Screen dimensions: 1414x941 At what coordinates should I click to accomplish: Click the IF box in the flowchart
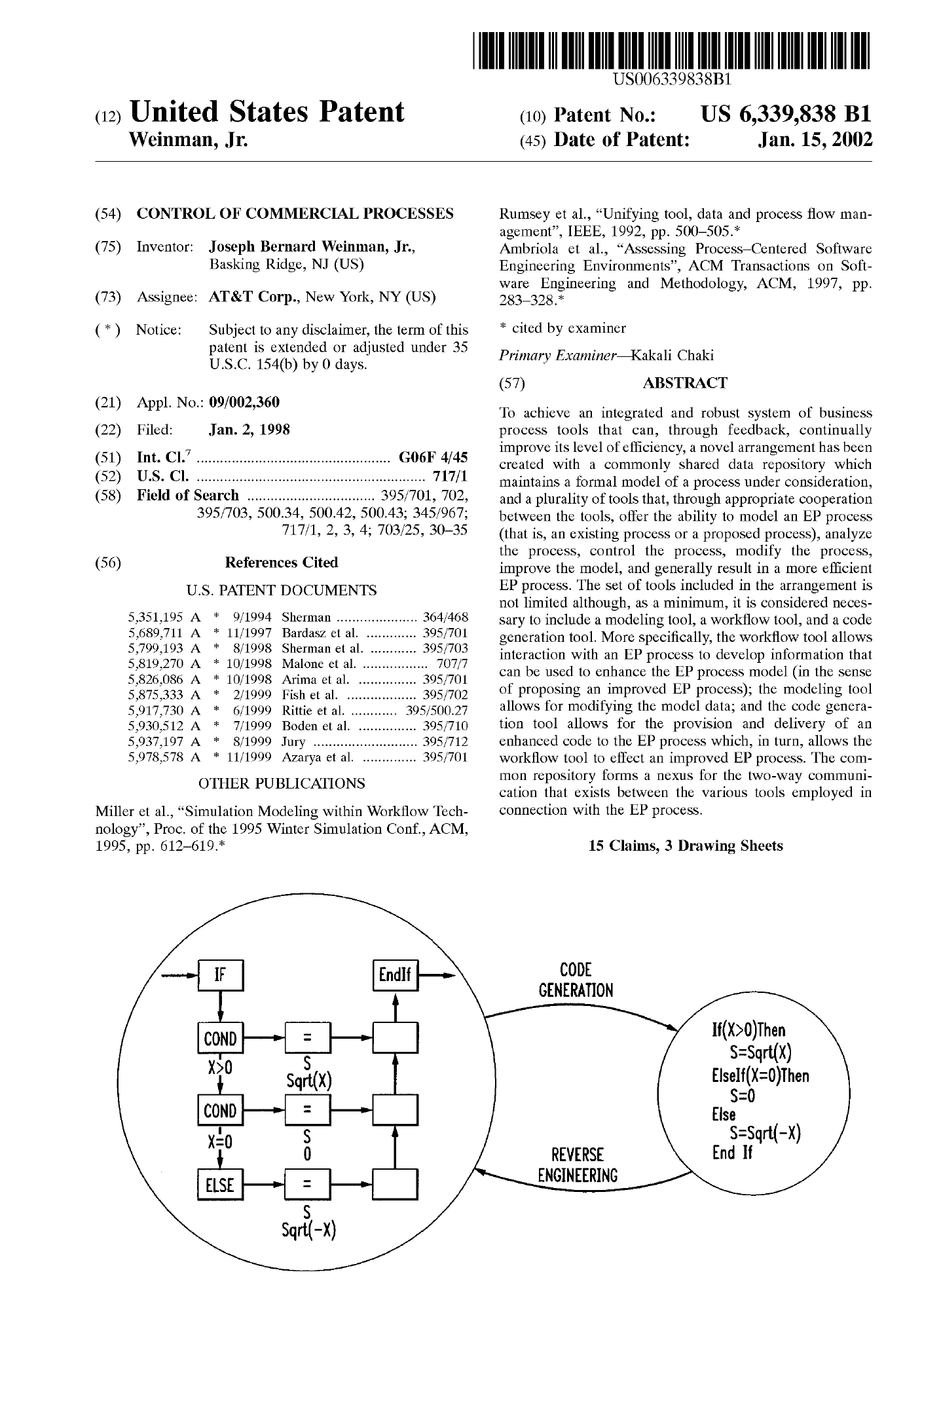point(220,975)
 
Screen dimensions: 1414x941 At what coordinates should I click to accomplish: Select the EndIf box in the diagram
point(395,975)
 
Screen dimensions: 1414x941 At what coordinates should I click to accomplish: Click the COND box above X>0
point(219,1038)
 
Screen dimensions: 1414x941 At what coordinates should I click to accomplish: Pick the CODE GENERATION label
point(576,980)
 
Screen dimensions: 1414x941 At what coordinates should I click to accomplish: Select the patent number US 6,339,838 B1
point(786,115)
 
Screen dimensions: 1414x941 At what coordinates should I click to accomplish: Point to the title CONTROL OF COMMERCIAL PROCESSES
point(295,214)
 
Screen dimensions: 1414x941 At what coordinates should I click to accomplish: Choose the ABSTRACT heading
point(685,383)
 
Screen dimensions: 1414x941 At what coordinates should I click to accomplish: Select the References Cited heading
point(282,563)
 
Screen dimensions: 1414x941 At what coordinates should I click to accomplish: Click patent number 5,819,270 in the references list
point(156,663)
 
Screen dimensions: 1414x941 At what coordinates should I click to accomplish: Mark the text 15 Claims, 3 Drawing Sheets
point(686,846)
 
